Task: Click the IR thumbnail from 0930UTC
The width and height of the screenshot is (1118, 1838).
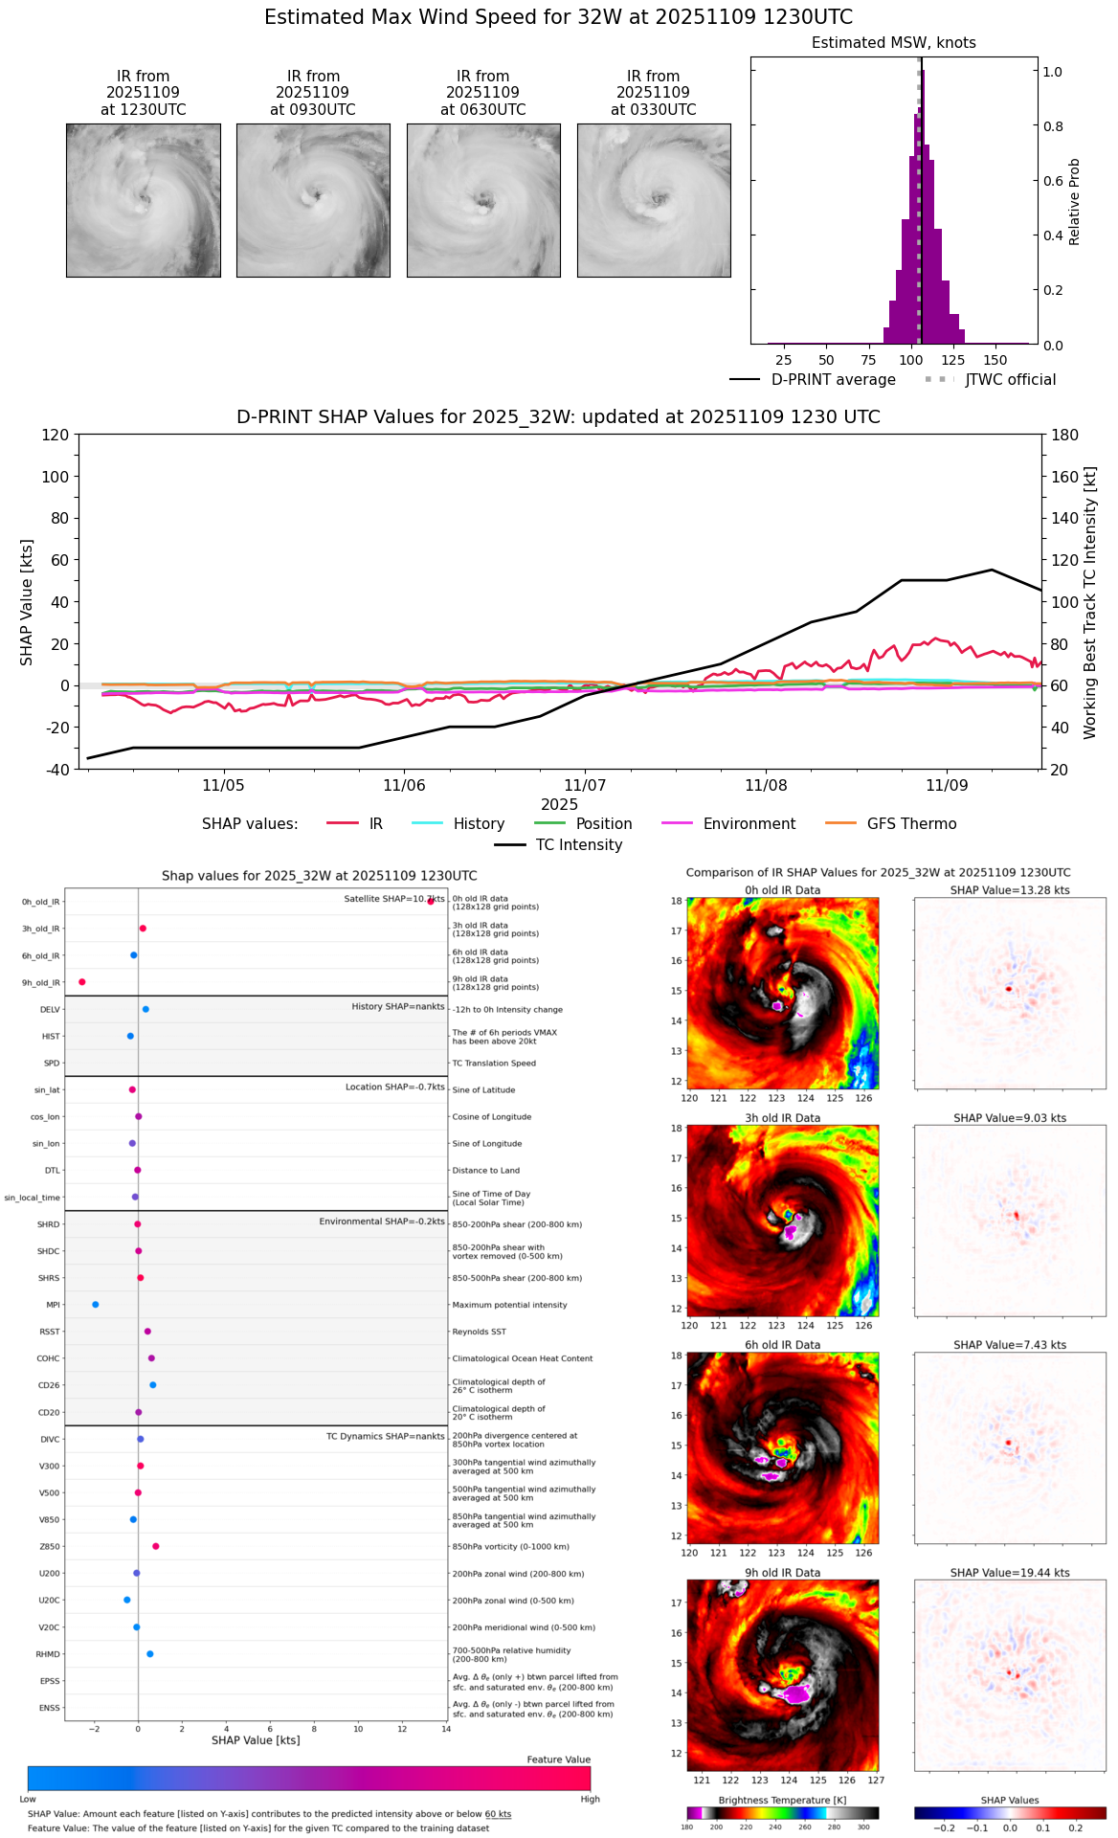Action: [313, 200]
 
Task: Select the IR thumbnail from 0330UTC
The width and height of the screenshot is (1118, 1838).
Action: [654, 200]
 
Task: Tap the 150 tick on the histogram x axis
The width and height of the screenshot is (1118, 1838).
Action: [995, 361]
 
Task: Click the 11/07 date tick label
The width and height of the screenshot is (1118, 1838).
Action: [585, 786]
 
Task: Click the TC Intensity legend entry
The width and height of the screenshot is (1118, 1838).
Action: [578, 845]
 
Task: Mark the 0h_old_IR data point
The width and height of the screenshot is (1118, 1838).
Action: [431, 901]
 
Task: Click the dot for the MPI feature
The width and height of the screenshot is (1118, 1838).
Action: [95, 1305]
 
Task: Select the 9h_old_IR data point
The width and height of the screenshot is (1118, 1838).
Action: [82, 982]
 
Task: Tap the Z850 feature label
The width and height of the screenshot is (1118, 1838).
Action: [49, 1547]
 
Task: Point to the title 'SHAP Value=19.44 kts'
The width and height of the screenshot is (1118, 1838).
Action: [1010, 1573]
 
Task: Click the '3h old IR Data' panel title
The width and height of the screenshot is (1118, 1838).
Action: [783, 1118]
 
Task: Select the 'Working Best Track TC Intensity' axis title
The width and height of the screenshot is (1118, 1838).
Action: [1090, 603]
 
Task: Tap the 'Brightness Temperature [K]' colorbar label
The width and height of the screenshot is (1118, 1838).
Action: [782, 1800]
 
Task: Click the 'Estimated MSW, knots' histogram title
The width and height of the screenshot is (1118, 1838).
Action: [894, 43]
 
